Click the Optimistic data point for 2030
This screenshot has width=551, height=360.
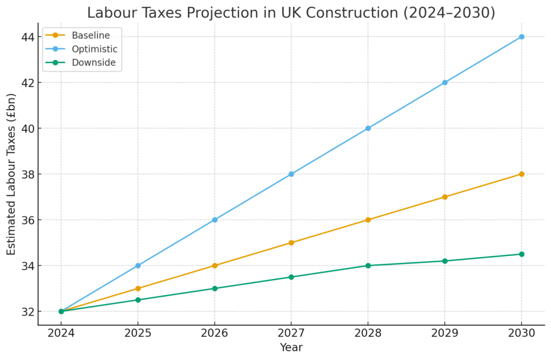click(521, 37)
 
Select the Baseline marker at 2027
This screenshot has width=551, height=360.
click(291, 243)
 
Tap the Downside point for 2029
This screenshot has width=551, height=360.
click(444, 261)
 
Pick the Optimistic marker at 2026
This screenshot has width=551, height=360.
click(215, 220)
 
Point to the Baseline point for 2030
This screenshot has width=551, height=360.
click(521, 174)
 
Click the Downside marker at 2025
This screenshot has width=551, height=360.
click(138, 300)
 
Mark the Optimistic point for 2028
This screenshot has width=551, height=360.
click(368, 128)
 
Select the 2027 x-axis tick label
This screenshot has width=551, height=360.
click(291, 333)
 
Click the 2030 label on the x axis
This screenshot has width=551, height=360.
click(521, 333)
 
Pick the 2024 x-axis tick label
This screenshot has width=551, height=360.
click(61, 333)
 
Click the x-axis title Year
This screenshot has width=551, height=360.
click(291, 348)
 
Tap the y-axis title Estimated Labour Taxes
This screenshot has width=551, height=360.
click(11, 174)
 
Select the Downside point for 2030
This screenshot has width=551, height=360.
click(521, 254)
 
